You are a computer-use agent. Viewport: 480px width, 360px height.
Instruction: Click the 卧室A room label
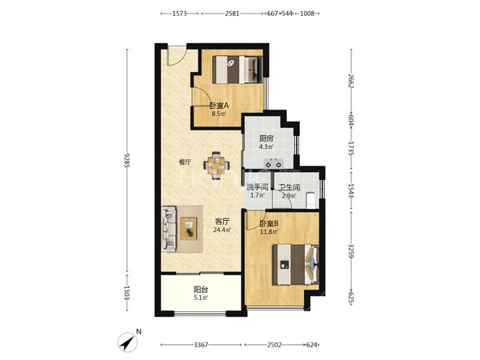coord(219,106)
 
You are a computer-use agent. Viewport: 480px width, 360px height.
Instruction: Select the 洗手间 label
coord(258,186)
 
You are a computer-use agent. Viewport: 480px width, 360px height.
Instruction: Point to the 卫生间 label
coord(290,186)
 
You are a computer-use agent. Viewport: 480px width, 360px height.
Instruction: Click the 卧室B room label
coord(269,223)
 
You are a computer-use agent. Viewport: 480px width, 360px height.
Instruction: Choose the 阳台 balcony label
coord(201,290)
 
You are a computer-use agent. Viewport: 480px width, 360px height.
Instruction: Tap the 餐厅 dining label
coord(185,162)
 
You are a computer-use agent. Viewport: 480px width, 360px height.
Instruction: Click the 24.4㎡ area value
coord(222,230)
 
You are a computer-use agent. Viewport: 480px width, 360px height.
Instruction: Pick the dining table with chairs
coord(216,166)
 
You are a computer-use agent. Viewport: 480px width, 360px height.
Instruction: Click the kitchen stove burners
coord(274,162)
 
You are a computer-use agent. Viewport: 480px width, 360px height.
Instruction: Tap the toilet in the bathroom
coord(310,199)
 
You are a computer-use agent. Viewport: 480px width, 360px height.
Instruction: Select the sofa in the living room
coord(169,229)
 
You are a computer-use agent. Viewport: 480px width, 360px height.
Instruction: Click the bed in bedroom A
coord(238,70)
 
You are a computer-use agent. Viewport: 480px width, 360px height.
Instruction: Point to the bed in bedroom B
coord(296,264)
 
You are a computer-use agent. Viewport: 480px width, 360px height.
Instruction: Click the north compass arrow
coord(128,342)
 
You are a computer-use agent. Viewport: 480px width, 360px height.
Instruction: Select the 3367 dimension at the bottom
coord(201,345)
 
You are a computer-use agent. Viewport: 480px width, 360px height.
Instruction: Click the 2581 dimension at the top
coord(232,14)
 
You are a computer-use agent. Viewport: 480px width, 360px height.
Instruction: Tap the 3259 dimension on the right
coord(351,251)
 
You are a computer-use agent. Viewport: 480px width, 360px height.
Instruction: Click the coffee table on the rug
coord(189,229)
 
